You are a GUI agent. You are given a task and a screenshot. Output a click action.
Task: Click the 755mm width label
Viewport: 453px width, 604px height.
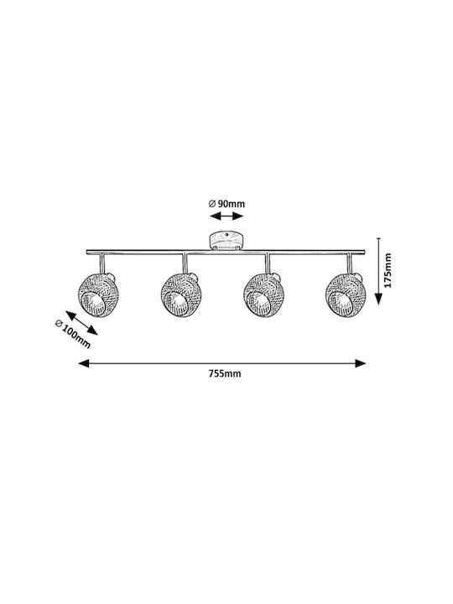point(225,373)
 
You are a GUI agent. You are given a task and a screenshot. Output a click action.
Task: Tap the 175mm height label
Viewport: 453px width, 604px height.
point(388,270)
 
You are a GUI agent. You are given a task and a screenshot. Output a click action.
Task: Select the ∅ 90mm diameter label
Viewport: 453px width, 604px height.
point(226,204)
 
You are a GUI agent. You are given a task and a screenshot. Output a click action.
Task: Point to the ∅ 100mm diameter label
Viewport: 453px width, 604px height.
point(73,334)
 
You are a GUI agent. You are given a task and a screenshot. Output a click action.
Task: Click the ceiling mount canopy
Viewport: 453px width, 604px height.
point(226,241)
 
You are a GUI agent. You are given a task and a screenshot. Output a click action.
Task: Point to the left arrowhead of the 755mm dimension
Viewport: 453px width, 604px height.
point(84,363)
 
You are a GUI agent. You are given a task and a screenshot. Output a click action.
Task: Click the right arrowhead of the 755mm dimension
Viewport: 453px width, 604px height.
point(360,363)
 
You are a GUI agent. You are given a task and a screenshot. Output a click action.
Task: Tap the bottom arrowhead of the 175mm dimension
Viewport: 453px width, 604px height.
point(378,299)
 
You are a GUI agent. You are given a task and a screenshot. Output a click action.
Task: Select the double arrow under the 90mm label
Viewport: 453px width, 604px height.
point(226,216)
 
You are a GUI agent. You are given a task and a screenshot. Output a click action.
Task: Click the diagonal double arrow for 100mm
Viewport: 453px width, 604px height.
point(81,323)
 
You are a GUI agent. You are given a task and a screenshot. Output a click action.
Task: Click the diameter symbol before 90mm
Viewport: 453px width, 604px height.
point(212,204)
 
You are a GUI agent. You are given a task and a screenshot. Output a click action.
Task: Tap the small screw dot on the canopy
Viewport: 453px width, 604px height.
point(227,234)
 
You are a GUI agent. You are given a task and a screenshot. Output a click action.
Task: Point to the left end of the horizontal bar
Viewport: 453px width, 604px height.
point(86,252)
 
